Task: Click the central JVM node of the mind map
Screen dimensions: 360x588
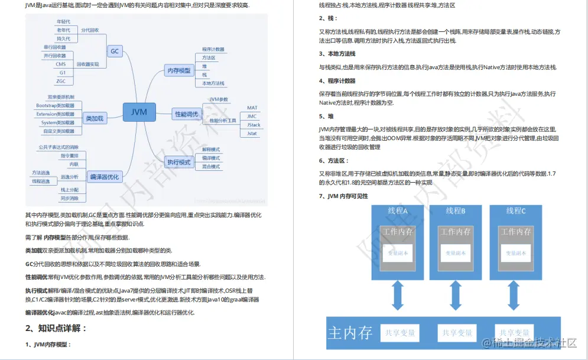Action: coord(139,111)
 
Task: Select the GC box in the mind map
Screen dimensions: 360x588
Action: coord(115,51)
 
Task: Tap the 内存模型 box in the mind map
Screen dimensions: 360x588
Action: coord(179,71)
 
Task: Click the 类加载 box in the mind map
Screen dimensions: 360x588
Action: coord(94,118)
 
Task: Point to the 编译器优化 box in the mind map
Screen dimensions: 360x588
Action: coord(103,177)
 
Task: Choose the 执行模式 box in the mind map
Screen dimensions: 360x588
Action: coord(179,161)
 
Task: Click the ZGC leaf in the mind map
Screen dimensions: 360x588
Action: coord(61,81)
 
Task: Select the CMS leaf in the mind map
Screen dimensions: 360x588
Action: coord(61,64)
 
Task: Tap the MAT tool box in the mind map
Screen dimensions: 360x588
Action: coord(252,108)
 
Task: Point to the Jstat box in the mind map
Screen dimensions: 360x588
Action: coord(253,134)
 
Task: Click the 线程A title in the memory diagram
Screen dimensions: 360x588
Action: coord(397,211)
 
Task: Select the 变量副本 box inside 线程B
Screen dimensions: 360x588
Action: coord(455,253)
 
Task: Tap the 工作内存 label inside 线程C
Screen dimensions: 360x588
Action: coord(516,232)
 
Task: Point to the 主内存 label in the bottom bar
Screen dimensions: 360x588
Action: coord(351,333)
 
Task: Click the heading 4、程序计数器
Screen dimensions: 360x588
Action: coord(337,81)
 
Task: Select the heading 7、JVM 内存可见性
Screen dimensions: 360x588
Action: coord(343,196)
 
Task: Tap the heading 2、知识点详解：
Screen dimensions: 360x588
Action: coord(56,328)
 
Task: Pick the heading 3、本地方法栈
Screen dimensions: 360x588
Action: coord(337,54)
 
